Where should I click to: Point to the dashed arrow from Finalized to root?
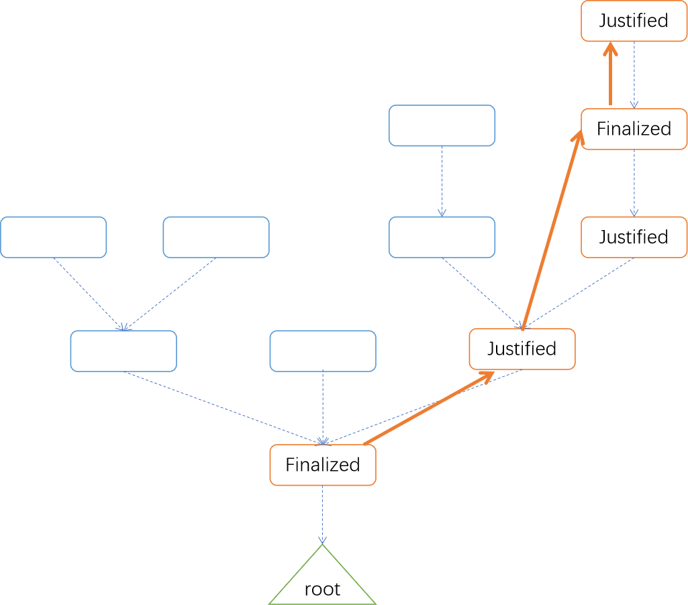tap(322, 514)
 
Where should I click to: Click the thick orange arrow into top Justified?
tap(610, 73)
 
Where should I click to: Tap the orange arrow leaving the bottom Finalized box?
tap(429, 408)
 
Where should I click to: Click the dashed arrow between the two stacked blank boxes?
tap(442, 182)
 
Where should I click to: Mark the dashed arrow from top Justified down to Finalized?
tap(634, 75)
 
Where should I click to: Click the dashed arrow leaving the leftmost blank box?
tap(89, 294)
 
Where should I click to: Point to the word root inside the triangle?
tap(322, 590)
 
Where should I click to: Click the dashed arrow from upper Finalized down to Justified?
tap(634, 183)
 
